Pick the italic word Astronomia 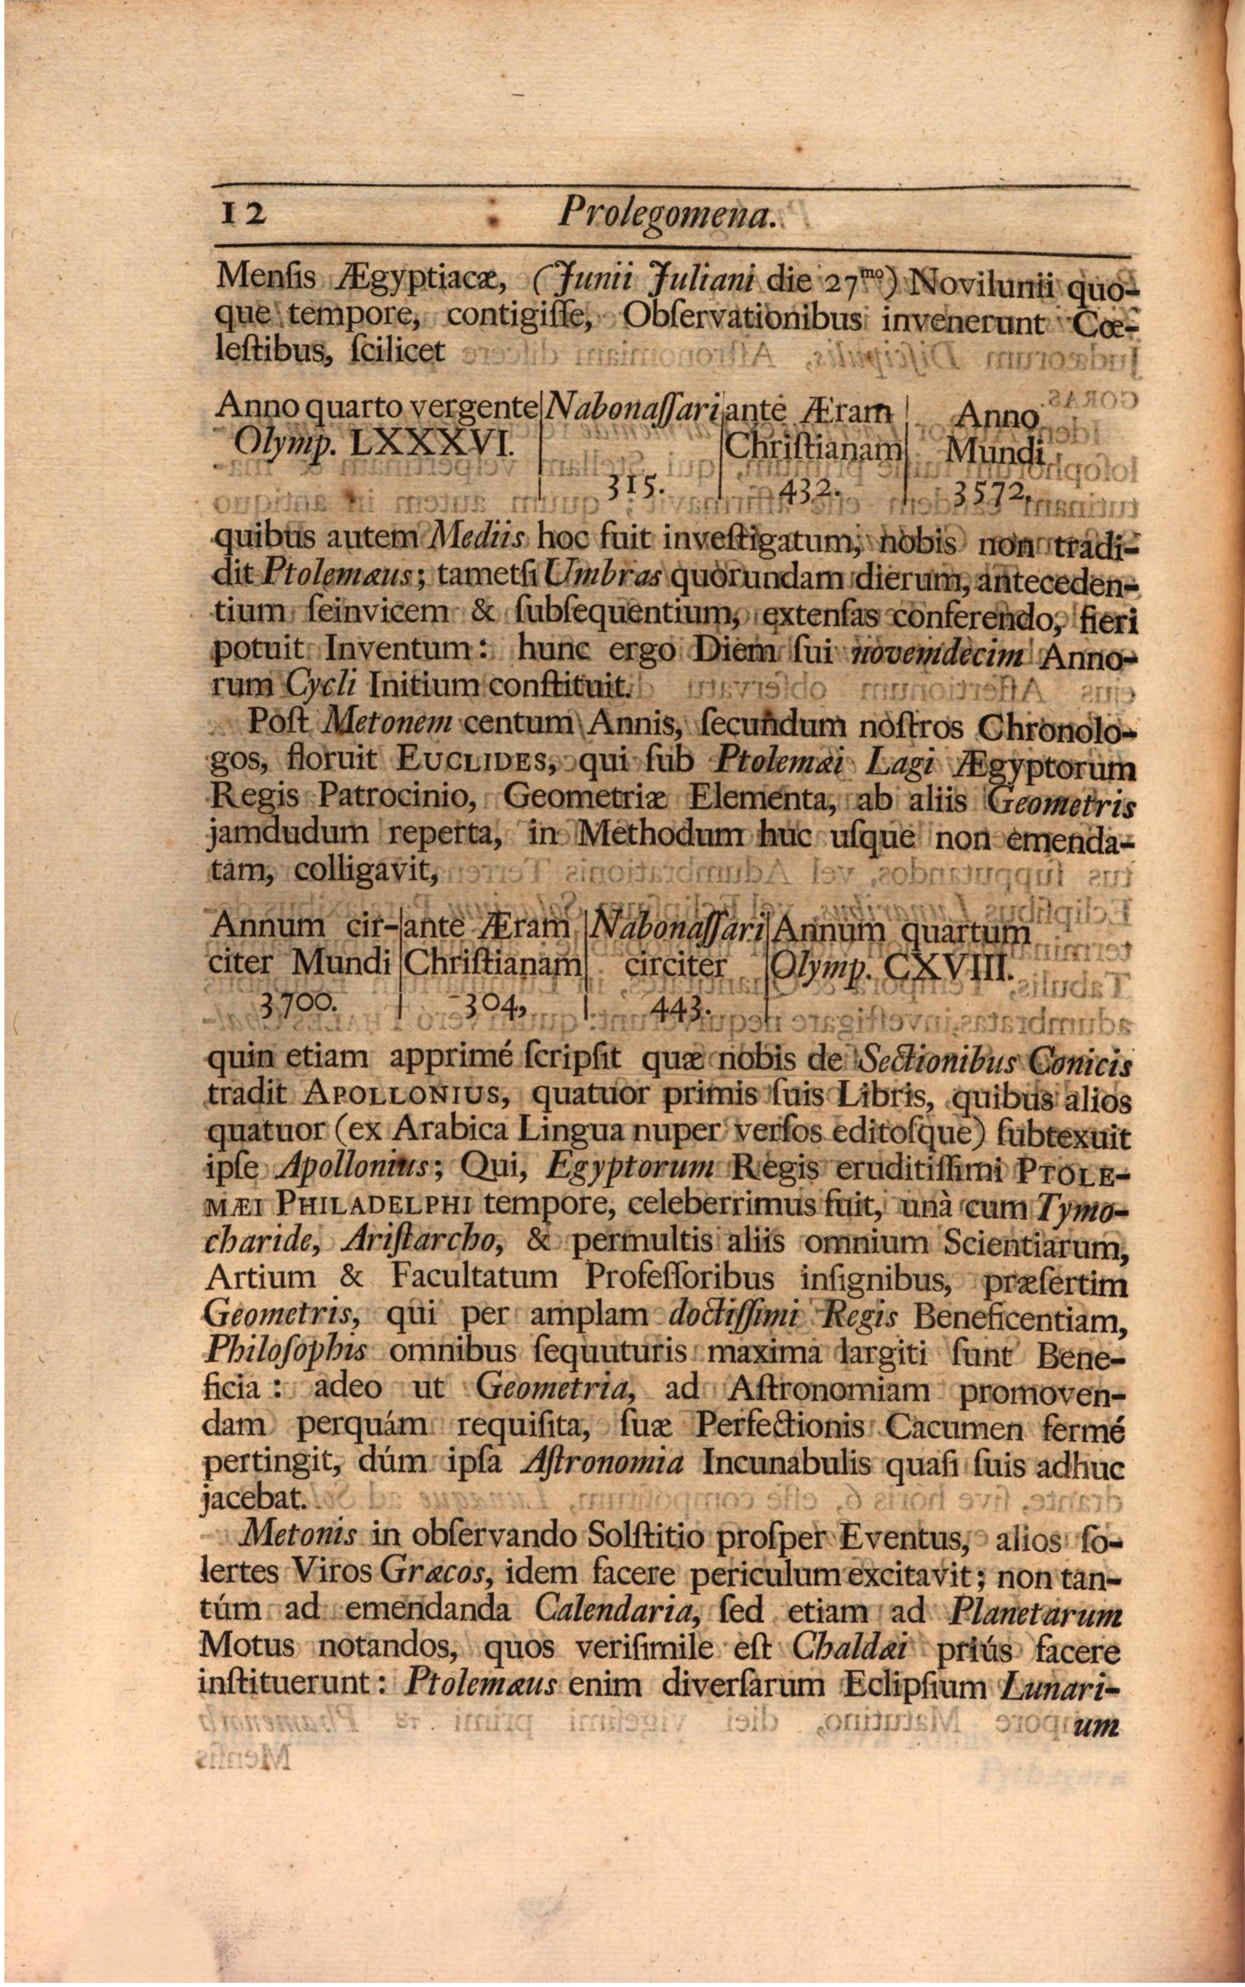click(x=604, y=1461)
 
